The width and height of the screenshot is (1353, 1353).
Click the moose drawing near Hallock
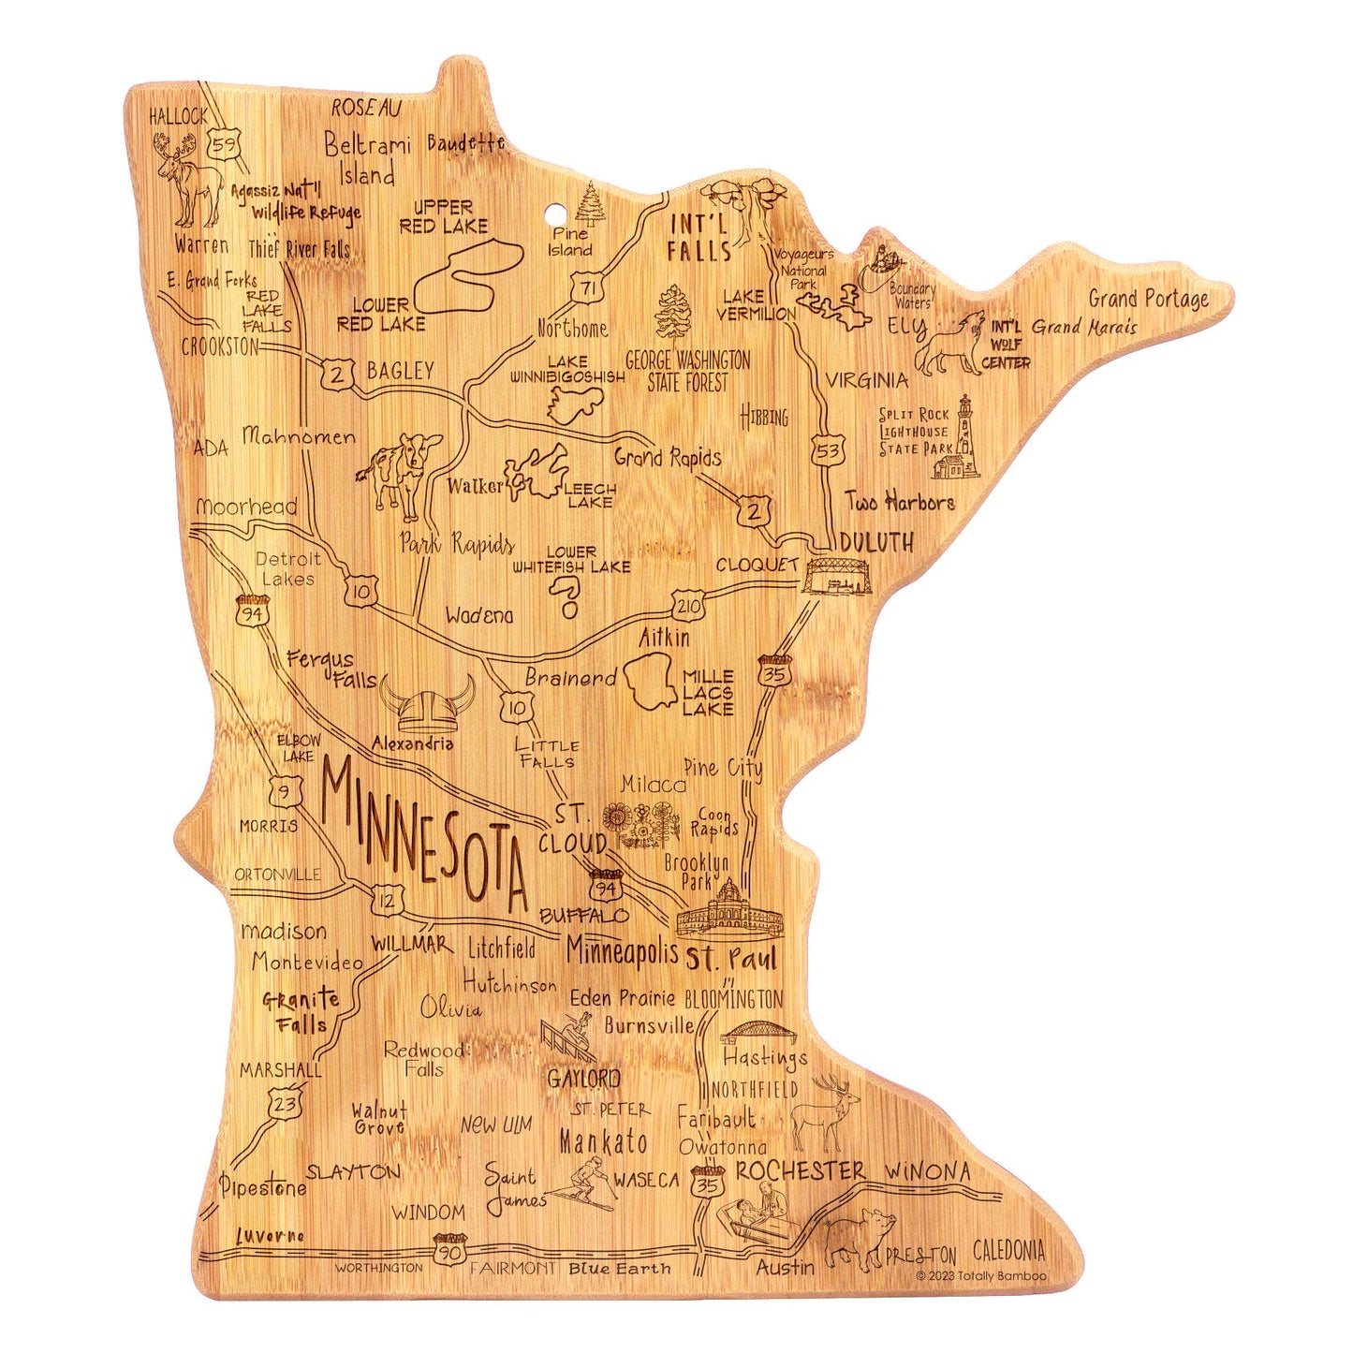(x=191, y=179)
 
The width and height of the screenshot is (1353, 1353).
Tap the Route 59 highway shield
(x=225, y=145)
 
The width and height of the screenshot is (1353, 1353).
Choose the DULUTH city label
(x=876, y=541)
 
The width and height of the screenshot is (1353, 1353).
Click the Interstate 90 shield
(x=450, y=1248)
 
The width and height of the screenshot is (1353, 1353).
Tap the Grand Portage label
(x=1148, y=299)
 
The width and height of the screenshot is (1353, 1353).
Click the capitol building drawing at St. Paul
(x=727, y=909)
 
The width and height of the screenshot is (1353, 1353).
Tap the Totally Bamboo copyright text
(x=981, y=1275)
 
